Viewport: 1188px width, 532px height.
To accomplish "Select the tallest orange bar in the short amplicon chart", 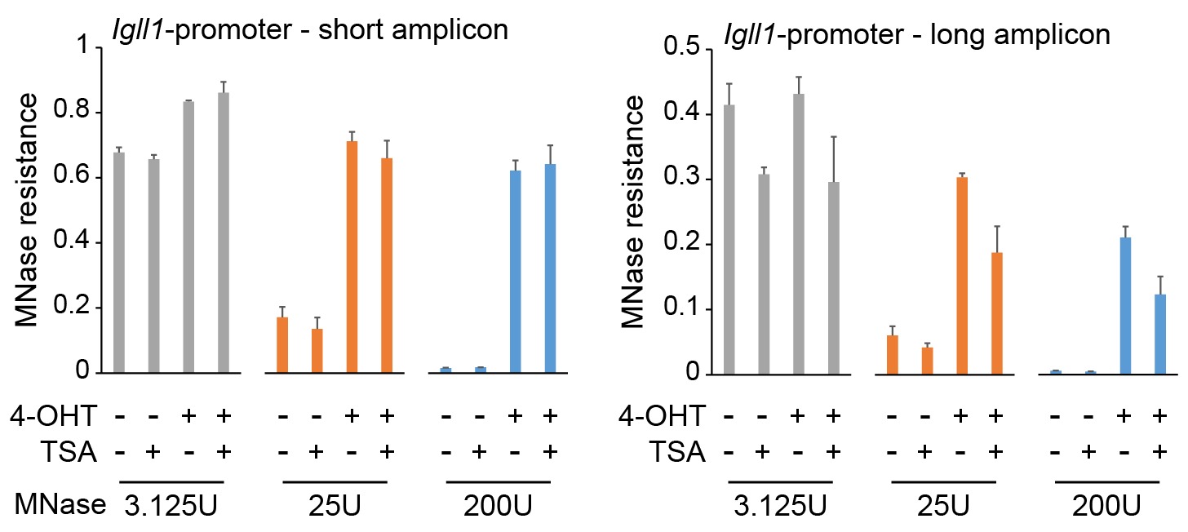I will [352, 257].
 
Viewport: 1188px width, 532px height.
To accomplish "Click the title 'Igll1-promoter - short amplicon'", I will [310, 31].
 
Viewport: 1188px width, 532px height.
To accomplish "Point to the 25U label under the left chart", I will [335, 508].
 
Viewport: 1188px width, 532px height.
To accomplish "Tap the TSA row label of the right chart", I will [679, 451].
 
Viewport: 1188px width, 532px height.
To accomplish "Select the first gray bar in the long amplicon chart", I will [729, 239].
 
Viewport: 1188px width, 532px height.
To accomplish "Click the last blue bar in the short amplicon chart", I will [550, 268].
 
